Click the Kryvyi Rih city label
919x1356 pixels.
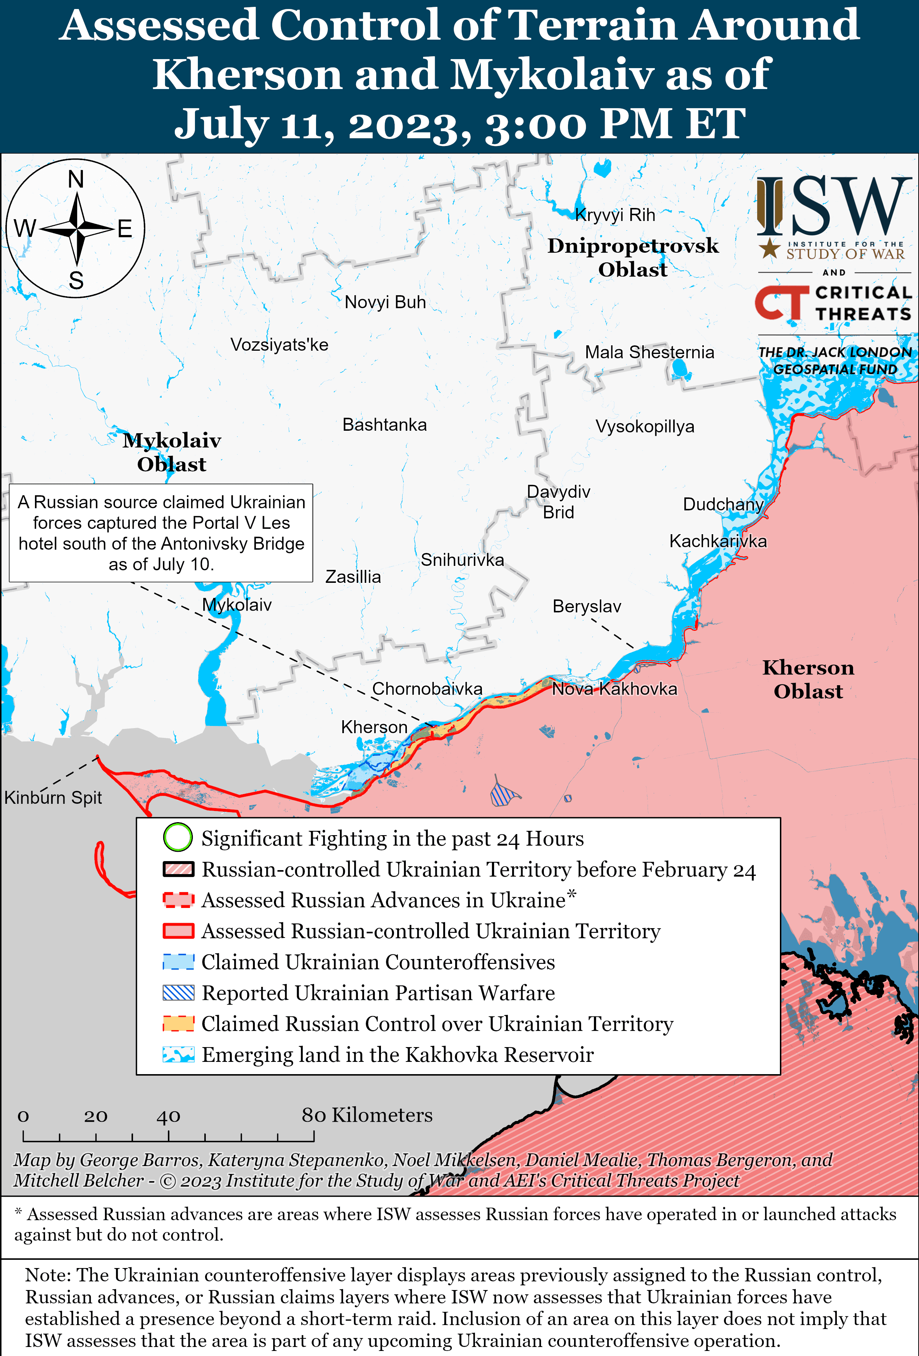coord(614,215)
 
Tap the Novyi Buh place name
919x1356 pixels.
coord(385,302)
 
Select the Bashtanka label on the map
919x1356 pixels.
coord(385,425)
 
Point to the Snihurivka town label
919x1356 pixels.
coord(462,560)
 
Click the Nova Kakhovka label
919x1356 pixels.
coord(614,689)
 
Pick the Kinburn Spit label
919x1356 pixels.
coord(53,798)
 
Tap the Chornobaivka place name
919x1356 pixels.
coord(427,689)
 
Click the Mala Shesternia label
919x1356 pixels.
coord(649,353)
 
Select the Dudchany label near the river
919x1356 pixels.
coord(723,505)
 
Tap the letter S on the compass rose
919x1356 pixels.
coord(76,281)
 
